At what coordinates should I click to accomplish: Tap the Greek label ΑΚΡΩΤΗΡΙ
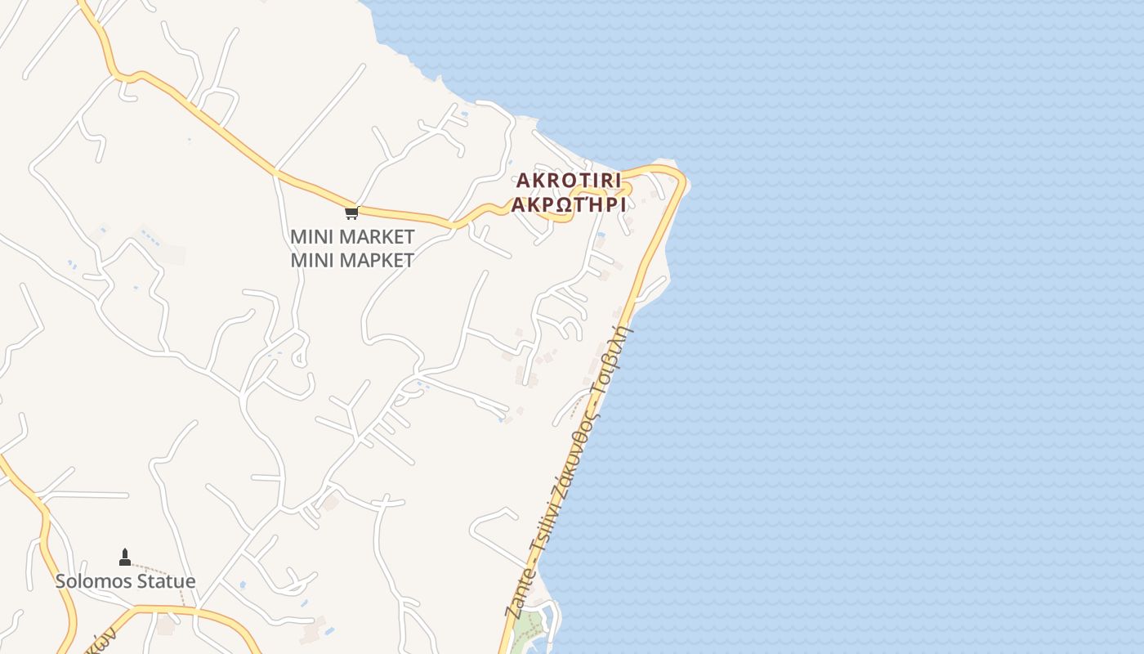[568, 204]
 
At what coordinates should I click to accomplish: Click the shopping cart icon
[351, 213]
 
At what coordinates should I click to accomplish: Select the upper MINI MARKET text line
[352, 237]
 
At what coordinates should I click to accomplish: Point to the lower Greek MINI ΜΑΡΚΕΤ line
[352, 260]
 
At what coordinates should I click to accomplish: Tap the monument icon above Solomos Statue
[125, 558]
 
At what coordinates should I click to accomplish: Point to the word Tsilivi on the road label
[541, 533]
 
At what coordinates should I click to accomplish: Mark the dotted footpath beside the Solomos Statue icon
[163, 573]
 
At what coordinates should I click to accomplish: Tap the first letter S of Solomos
[60, 581]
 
